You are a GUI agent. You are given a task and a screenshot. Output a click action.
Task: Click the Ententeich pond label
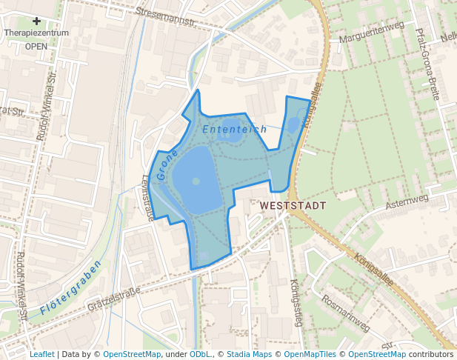point(234,130)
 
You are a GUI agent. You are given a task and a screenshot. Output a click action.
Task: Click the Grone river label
point(168,156)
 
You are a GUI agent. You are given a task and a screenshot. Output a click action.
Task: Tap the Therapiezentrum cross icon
point(36,21)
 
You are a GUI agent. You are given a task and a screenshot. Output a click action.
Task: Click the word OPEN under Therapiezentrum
point(36,46)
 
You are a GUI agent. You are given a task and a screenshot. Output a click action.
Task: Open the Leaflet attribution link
point(41,354)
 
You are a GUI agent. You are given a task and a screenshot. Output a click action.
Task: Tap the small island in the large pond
point(196,180)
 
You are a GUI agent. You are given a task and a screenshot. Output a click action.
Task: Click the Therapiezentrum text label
point(36,33)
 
